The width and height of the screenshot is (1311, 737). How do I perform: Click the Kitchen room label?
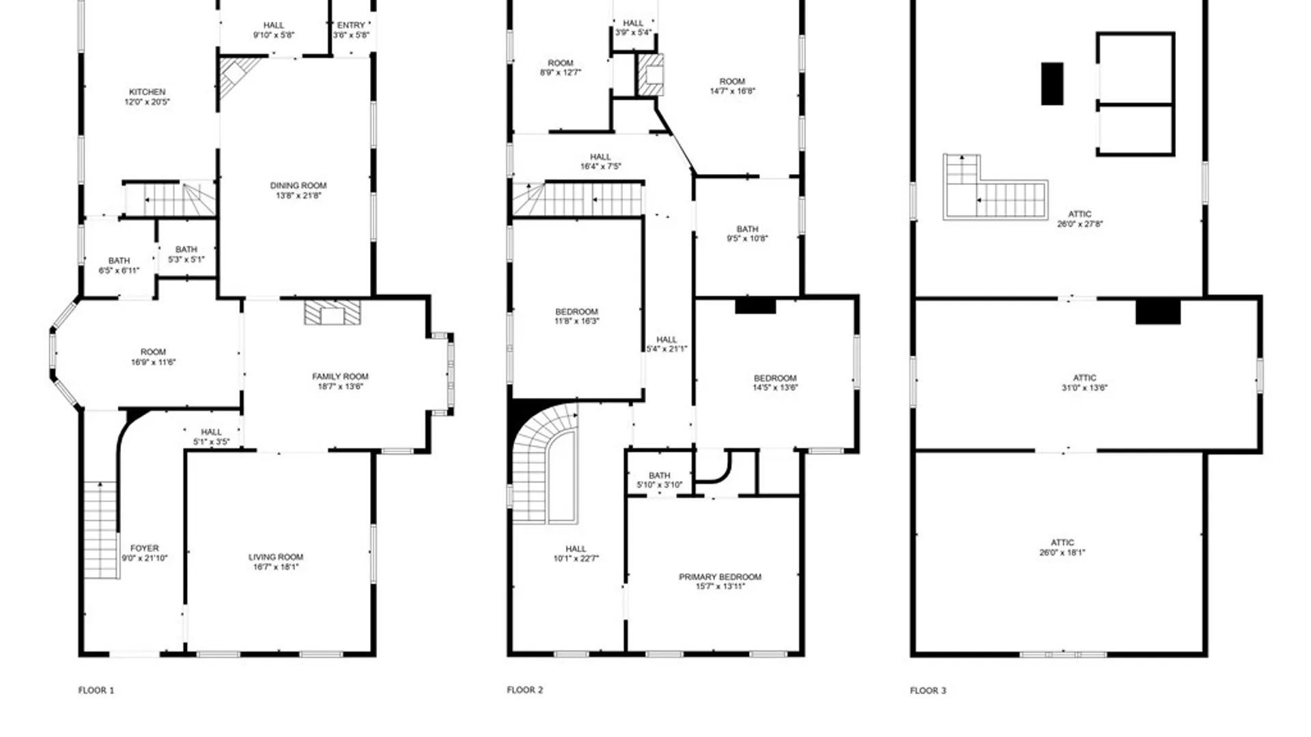point(147,92)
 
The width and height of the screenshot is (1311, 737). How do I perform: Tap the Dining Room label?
point(298,186)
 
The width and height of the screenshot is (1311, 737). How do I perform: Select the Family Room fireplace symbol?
point(333,313)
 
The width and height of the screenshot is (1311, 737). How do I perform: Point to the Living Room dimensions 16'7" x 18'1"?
point(276,567)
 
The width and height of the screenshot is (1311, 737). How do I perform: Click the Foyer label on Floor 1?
point(145,548)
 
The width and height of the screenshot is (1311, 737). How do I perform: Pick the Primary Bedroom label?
point(720,577)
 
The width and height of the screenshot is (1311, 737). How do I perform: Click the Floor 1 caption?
point(96,691)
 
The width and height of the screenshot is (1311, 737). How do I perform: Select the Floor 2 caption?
point(525,690)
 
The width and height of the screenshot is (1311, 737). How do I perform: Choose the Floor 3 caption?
point(928,691)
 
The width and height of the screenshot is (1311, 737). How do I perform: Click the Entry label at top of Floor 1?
point(351,25)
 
